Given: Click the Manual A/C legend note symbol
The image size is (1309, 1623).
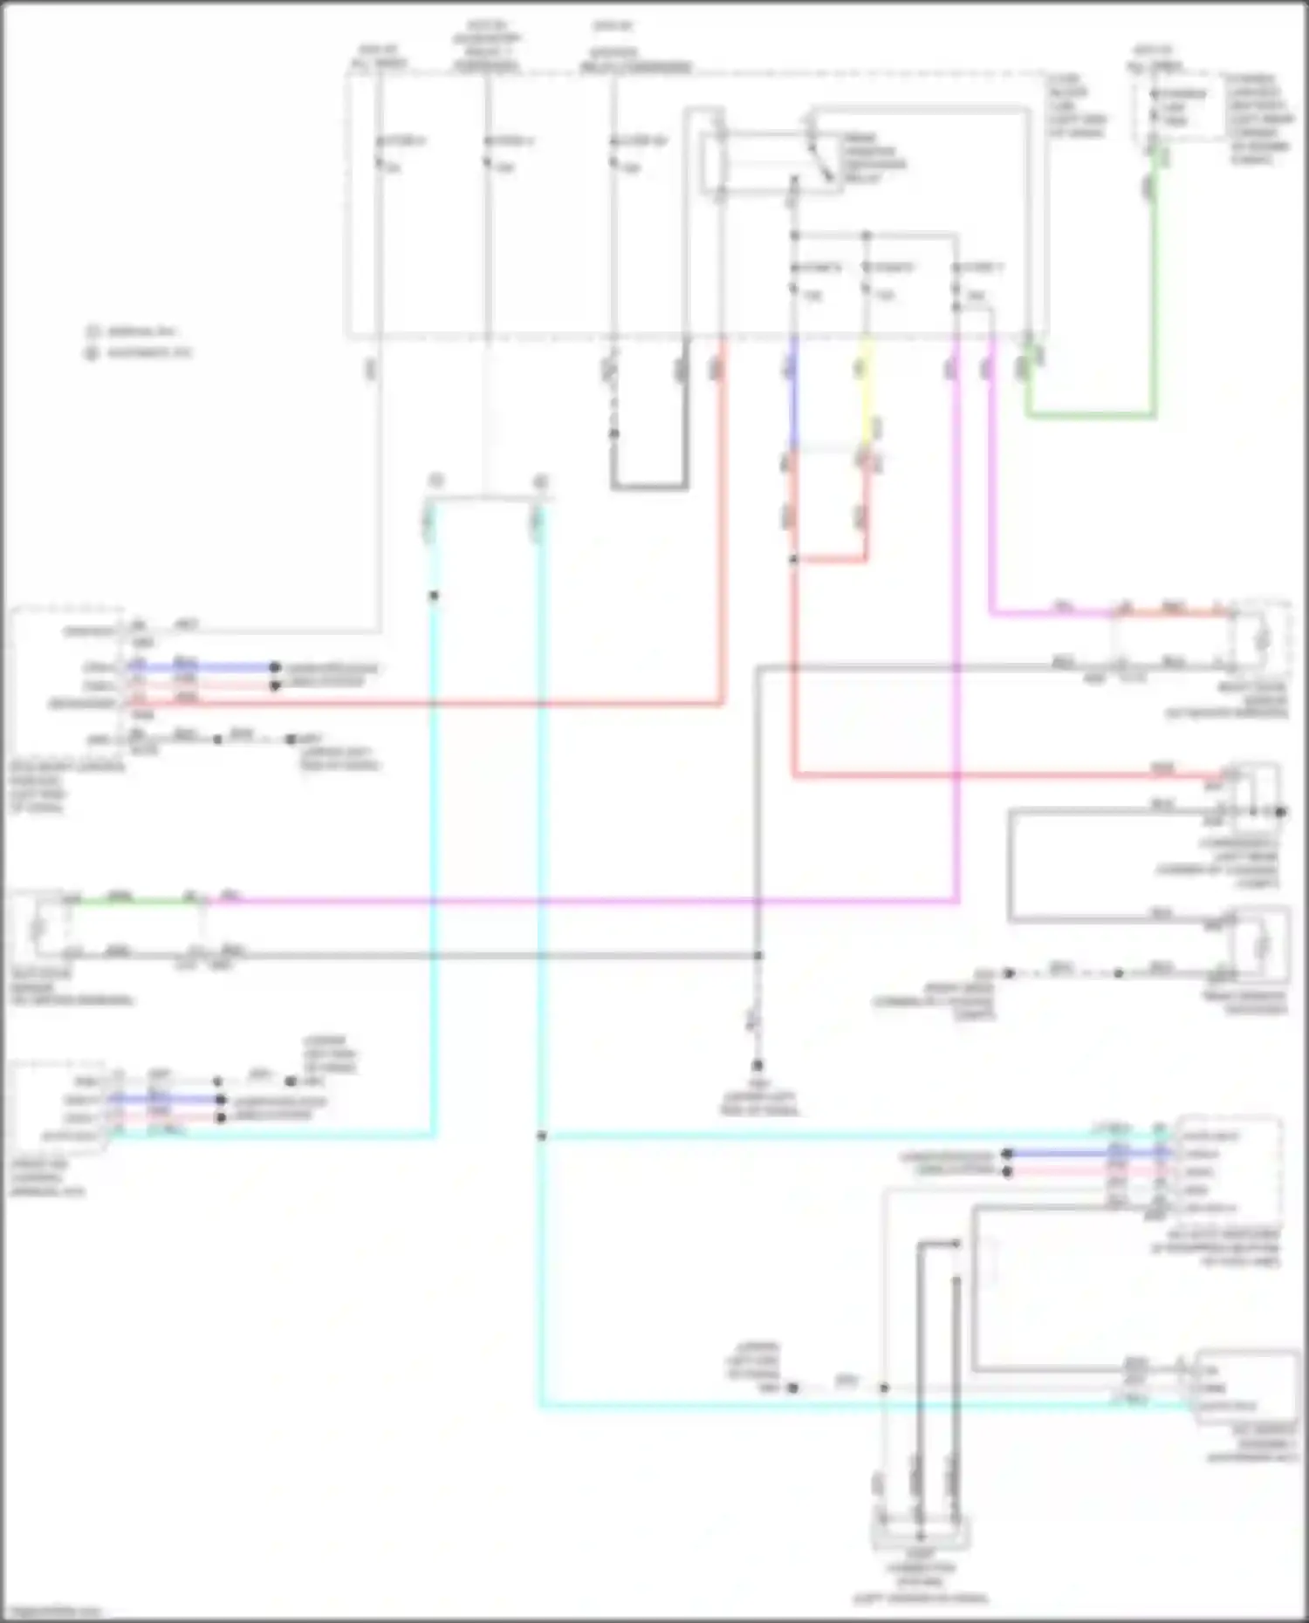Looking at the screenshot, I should (92, 331).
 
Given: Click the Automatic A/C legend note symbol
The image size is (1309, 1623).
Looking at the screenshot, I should (92, 353).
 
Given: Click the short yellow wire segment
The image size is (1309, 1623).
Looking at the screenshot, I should (866, 392).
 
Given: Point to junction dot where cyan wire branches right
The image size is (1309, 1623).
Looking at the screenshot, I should (541, 1136).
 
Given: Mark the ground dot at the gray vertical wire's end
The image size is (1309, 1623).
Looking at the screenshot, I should (757, 1066).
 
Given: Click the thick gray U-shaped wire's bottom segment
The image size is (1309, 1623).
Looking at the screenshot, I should (649, 486).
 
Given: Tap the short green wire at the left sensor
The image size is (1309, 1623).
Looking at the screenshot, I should (131, 901).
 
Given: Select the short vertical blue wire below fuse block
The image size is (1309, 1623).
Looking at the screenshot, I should (792, 392).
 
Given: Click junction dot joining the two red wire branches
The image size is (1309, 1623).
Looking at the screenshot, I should (793, 559).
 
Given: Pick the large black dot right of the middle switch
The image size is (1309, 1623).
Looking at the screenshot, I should (1281, 812).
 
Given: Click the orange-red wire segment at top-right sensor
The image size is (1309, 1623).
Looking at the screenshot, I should (1178, 613).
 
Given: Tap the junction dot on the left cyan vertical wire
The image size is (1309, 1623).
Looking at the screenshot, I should (434, 596).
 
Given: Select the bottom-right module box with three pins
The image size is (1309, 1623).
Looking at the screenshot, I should (1246, 1387).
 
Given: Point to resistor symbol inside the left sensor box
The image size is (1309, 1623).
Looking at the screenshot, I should (38, 927).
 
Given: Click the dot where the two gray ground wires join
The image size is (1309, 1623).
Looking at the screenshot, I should (757, 956).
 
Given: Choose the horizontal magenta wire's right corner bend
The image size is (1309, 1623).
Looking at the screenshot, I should (957, 900).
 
